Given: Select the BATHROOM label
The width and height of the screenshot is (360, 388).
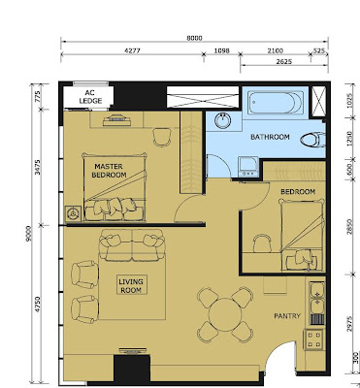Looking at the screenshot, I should [x=270, y=138].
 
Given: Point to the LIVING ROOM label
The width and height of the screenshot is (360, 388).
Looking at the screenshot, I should [x=132, y=284].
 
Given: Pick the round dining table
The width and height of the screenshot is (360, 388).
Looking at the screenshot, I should [x=224, y=313].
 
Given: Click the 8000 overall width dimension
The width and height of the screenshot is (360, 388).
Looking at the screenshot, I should [x=195, y=38].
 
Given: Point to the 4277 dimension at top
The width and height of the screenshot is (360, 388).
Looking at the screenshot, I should [x=135, y=49].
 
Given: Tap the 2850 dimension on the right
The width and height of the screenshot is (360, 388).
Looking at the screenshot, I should [x=346, y=227].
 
